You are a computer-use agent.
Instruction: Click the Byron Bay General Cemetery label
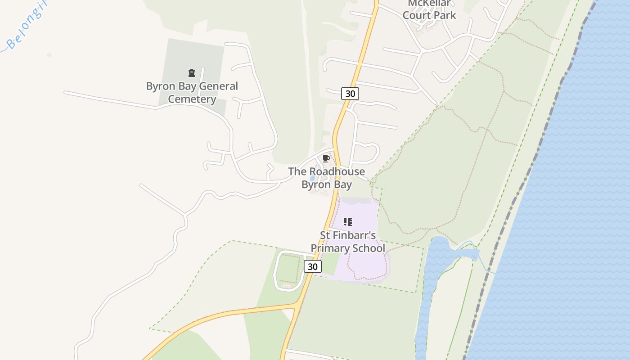pyautogui.click(x=192, y=93)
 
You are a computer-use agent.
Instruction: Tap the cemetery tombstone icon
pyautogui.click(x=192, y=73)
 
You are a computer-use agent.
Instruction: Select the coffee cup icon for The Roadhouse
pyautogui.click(x=326, y=158)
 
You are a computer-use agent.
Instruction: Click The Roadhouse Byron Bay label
pyautogui.click(x=326, y=178)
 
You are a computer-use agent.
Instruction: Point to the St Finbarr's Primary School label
pyautogui.click(x=348, y=242)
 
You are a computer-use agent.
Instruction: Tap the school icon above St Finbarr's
pyautogui.click(x=347, y=221)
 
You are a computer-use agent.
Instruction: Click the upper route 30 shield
pyautogui.click(x=350, y=94)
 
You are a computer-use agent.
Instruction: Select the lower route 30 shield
pyautogui.click(x=313, y=266)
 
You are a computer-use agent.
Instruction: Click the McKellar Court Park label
pyautogui.click(x=429, y=10)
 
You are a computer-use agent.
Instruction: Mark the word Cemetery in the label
pyautogui.click(x=192, y=99)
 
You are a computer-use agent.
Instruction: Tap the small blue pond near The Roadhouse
pyautogui.click(x=312, y=178)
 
